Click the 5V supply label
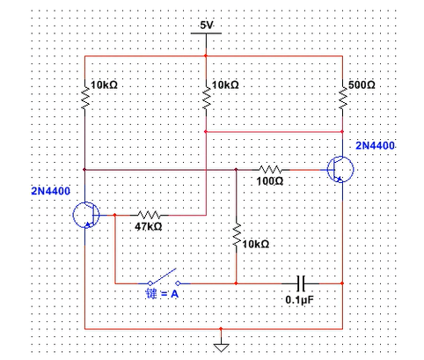[206, 26]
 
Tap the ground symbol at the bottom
[221, 348]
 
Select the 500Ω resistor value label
[362, 85]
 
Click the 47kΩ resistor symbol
[150, 215]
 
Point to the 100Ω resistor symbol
[271, 170]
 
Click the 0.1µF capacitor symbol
[301, 283]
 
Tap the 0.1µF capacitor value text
[300, 300]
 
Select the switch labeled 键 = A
[164, 278]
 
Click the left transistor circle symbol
[86, 215]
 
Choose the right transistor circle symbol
[340, 170]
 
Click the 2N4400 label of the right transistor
[375, 145]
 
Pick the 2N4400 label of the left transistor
[51, 191]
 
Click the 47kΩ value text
[149, 226]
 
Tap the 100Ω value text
[270, 181]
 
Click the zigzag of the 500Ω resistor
[342, 99]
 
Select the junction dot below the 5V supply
[206, 55]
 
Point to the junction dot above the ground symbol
[221, 329]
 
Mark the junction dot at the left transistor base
[114, 215]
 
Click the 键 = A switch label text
[162, 293]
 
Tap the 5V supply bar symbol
[206, 33]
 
